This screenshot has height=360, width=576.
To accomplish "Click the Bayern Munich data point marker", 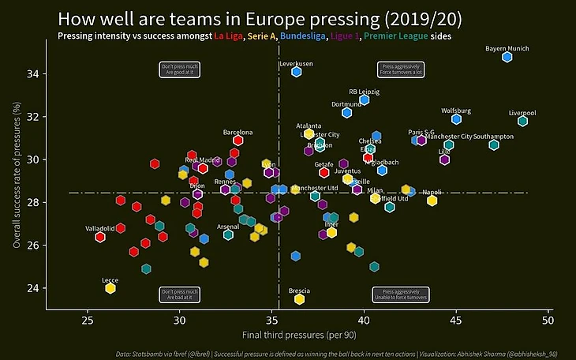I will pyautogui.click(x=507, y=57).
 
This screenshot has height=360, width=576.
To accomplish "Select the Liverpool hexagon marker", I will pyautogui.click(x=522, y=121).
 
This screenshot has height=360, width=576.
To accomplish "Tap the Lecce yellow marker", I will pyautogui.click(x=110, y=288).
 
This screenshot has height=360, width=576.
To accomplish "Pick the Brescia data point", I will pyautogui.click(x=299, y=298).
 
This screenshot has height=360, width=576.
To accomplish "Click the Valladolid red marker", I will pyautogui.click(x=100, y=237).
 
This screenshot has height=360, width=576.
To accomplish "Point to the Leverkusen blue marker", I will pyautogui.click(x=296, y=72).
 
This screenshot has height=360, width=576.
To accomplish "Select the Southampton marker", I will pyautogui.click(x=494, y=144).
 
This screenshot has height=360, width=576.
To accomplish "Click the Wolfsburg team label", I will pyautogui.click(x=456, y=111).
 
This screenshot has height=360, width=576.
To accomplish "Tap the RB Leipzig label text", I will pyautogui.click(x=365, y=92).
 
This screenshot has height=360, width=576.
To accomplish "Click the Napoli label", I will pyautogui.click(x=432, y=192).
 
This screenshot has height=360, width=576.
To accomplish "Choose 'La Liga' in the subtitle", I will pyautogui.click(x=230, y=36).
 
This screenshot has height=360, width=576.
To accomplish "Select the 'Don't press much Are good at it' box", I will pyautogui.click(x=180, y=70).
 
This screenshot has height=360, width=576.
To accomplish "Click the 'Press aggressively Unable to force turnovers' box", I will pyautogui.click(x=401, y=294).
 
